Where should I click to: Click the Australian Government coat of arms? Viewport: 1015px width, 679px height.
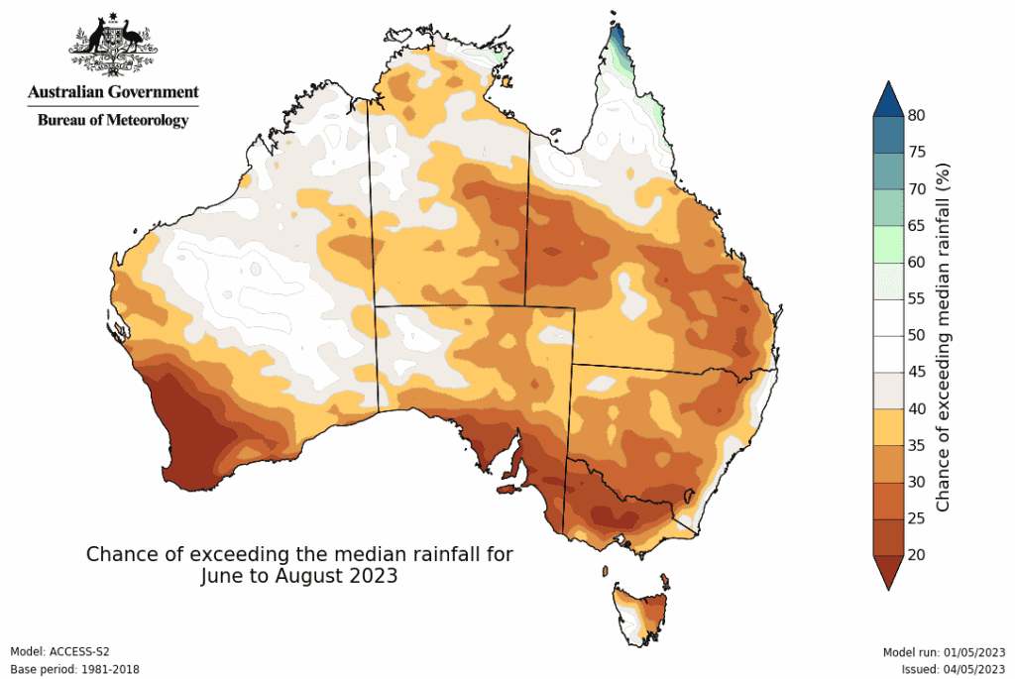[x=113, y=46]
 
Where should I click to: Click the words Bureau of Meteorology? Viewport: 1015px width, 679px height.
[x=112, y=120]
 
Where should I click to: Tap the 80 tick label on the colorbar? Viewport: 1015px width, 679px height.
[x=917, y=116]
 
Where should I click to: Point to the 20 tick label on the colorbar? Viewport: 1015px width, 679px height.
[x=917, y=554]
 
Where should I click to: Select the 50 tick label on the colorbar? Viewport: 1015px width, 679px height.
[x=917, y=335]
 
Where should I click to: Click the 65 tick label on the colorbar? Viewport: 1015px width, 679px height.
[x=917, y=226]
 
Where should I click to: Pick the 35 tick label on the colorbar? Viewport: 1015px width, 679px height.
[x=917, y=445]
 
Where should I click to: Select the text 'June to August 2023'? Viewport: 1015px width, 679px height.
[x=299, y=576]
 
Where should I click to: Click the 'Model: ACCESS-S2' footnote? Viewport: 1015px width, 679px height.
[x=59, y=651]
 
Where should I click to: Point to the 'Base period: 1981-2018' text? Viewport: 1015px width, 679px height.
[x=74, y=669]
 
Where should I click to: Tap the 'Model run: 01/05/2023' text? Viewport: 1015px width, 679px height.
[x=944, y=651]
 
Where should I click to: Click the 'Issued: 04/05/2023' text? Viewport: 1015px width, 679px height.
[x=951, y=669]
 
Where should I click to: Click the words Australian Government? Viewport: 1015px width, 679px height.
[x=113, y=92]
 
